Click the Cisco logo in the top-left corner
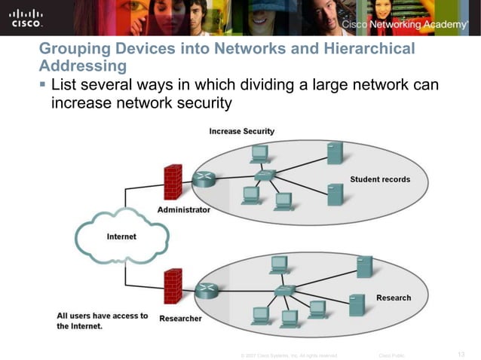[x=26, y=17]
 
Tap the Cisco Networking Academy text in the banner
[x=404, y=25]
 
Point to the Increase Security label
[x=241, y=131]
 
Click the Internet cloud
[x=121, y=236]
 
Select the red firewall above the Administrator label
[x=173, y=182]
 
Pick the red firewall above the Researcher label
[x=173, y=286]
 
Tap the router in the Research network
[x=204, y=291]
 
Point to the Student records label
[x=380, y=179]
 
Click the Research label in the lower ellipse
[x=394, y=297]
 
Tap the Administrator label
[x=183, y=210]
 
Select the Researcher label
[x=180, y=319]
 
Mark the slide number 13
[x=462, y=353]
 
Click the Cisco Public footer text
[x=392, y=354]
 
